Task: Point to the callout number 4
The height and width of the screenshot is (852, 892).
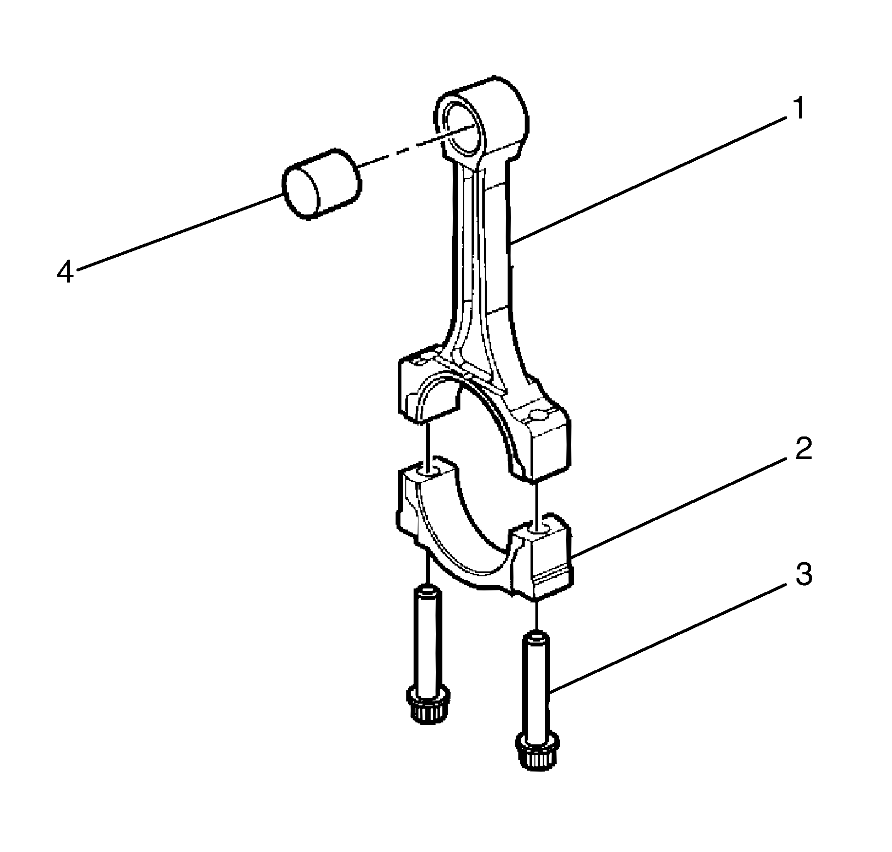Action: coord(65,271)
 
